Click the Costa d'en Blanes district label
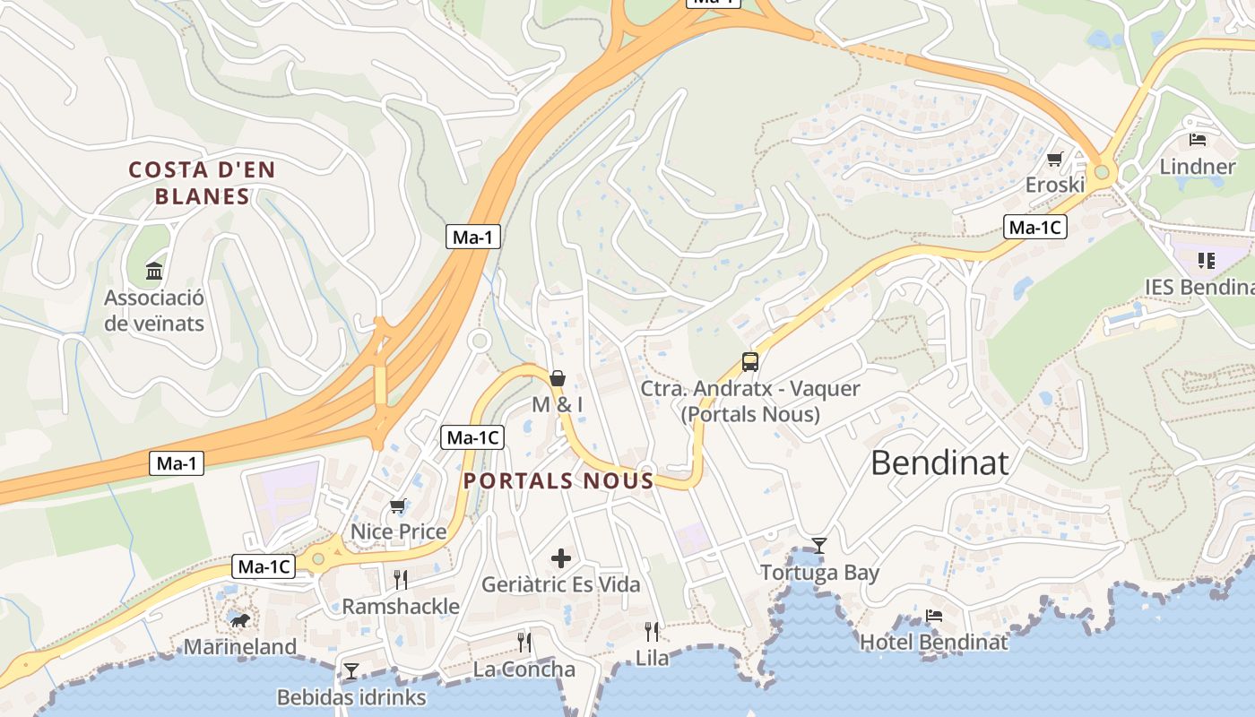coord(202,183)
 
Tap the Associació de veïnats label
coord(154,311)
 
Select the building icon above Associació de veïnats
coord(154,271)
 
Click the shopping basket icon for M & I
coord(558,379)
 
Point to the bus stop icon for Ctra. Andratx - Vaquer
coord(750,362)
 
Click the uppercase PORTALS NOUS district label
coord(558,480)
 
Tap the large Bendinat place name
coord(939,463)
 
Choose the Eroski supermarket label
coord(1055,185)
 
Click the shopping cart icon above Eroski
coord(1055,160)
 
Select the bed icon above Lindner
coord(1198,140)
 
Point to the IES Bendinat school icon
coord(1206,261)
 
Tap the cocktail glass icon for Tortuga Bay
coord(819,545)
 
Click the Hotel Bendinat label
coord(933,642)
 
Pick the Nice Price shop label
coord(398,531)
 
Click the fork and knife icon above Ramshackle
coord(401,580)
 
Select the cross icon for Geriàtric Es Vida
coord(561,559)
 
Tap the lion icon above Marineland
coord(239,620)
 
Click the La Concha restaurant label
coord(524,669)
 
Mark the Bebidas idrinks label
coord(351,697)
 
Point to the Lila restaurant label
coord(652,658)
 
